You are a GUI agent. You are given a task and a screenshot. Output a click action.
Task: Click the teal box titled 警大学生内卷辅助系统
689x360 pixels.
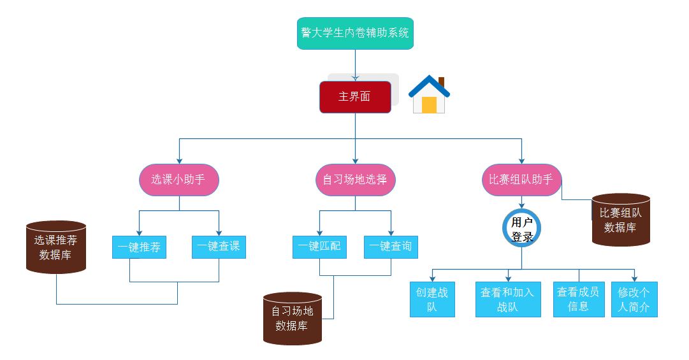pyautogui.click(x=355, y=33)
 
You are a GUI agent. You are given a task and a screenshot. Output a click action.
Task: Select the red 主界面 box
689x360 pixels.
pyautogui.click(x=355, y=97)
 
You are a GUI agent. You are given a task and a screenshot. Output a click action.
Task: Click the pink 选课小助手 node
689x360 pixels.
pyautogui.click(x=178, y=180)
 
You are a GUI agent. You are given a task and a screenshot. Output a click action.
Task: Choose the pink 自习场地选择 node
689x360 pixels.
pyautogui.click(x=355, y=180)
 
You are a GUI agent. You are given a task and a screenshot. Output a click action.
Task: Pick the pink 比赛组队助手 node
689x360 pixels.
pyautogui.click(x=521, y=180)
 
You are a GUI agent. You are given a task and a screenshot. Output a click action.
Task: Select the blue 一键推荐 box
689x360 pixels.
pyautogui.click(x=139, y=247)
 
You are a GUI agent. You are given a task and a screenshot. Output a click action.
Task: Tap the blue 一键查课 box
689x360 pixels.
pyautogui.click(x=219, y=247)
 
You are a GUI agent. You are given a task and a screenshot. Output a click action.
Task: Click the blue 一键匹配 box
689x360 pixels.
pyautogui.click(x=319, y=247)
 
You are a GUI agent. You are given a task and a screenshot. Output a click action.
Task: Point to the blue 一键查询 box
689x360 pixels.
pyautogui.click(x=391, y=247)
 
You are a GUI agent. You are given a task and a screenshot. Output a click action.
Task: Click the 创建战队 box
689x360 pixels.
pyautogui.click(x=432, y=299)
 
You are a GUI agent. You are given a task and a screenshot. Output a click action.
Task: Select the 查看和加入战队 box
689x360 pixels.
pyautogui.click(x=508, y=299)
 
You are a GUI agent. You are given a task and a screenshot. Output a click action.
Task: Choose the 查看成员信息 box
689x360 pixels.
pyautogui.click(x=578, y=299)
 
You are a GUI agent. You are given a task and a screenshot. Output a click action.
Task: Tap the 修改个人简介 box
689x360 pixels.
pyautogui.click(x=634, y=299)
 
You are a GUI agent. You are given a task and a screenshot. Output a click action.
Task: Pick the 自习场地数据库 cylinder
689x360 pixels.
pyautogui.click(x=293, y=319)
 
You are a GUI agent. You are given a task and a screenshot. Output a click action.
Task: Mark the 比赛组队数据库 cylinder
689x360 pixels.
pyautogui.click(x=621, y=220)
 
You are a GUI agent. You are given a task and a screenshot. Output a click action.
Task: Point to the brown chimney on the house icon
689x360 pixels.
pyautogui.click(x=441, y=82)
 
